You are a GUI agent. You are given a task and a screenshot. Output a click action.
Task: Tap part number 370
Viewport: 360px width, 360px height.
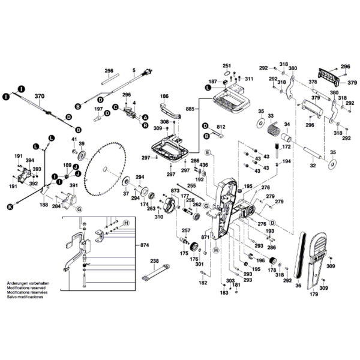(40, 96)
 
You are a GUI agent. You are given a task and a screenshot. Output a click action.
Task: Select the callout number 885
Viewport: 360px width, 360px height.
(190, 109)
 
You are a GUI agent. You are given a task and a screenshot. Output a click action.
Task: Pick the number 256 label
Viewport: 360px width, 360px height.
(109, 70)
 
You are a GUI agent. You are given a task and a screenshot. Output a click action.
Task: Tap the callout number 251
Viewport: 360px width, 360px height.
(226, 65)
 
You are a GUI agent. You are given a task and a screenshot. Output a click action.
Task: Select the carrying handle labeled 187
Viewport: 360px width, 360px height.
(232, 98)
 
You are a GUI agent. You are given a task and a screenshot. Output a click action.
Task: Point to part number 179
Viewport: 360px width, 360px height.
(313, 294)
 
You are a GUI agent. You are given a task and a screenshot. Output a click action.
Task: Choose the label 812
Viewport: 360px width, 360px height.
(220, 127)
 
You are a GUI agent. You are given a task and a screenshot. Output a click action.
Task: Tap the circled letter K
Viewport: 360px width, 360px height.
(9, 207)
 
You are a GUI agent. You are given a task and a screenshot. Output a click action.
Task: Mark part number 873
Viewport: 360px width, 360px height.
(175, 190)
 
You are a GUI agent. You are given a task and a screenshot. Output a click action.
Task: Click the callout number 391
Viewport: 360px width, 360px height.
(74, 186)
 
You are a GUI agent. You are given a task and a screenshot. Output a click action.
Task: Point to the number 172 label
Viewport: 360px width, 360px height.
(286, 146)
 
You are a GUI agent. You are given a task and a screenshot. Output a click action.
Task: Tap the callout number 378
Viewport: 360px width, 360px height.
(312, 82)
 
